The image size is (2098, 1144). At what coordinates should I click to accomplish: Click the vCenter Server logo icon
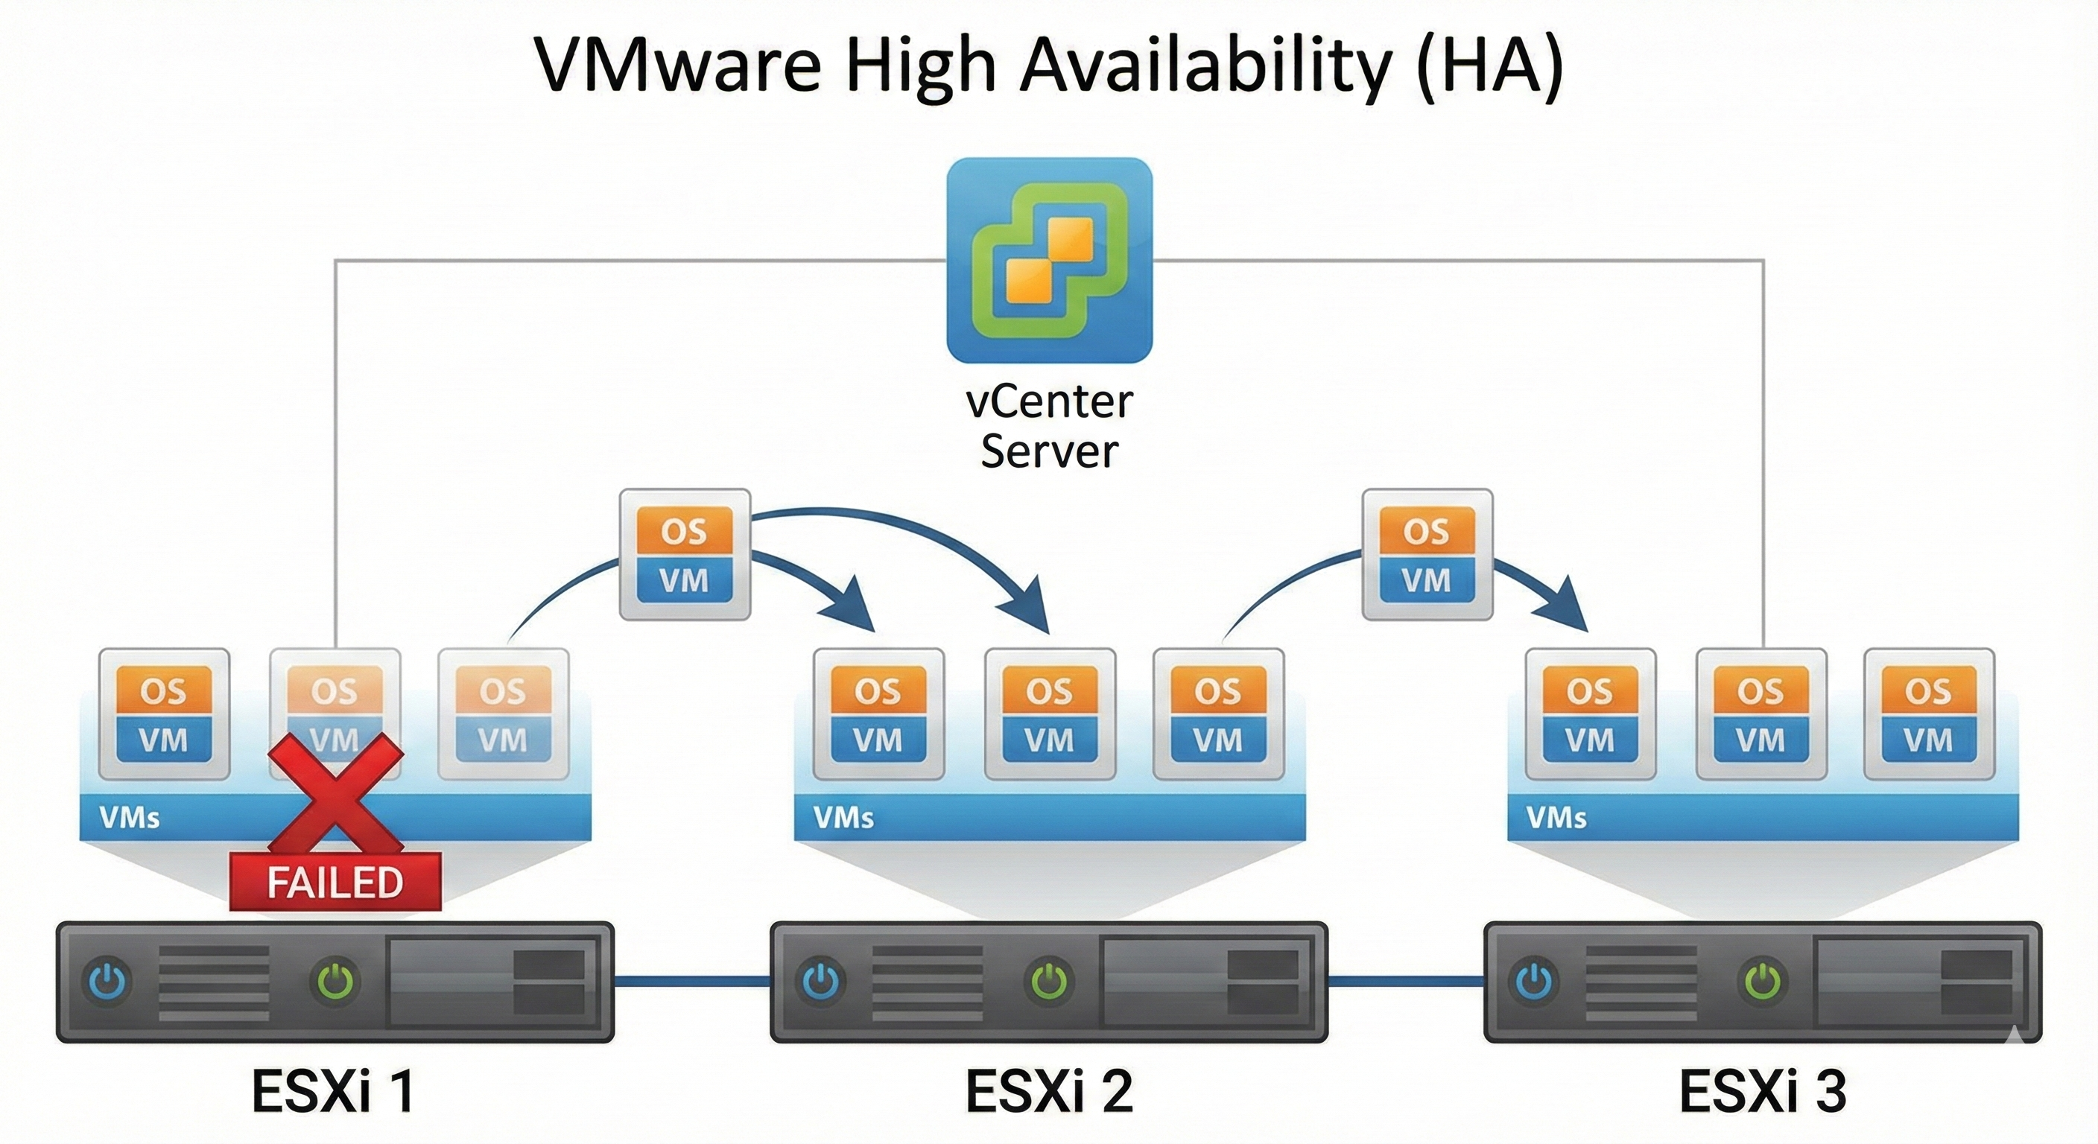tap(1049, 260)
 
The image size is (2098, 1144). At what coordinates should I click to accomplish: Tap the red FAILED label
tap(335, 882)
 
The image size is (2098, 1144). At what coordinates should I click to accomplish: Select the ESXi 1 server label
tap(332, 1091)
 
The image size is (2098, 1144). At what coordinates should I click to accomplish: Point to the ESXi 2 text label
tap(1049, 1091)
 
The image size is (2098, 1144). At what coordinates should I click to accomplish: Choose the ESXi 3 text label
tap(1763, 1091)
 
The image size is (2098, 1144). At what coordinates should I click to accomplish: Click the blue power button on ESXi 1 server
tap(109, 982)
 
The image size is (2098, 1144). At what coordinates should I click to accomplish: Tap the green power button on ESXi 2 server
tap(1049, 982)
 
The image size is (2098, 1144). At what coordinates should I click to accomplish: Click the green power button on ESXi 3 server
tap(1763, 982)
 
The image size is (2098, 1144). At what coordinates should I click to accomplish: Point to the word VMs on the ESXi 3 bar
tap(1556, 817)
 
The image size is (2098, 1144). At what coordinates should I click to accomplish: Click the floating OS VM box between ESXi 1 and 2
tap(684, 554)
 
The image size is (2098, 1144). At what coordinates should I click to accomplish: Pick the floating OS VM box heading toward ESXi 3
tap(1427, 554)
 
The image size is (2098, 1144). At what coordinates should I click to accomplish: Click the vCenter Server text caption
tap(1049, 426)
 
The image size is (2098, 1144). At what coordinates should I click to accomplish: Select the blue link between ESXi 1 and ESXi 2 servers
tap(692, 982)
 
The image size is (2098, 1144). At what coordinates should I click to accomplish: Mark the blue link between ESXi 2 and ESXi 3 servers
tap(1406, 982)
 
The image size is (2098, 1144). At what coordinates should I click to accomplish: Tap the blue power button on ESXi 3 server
tap(1536, 982)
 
